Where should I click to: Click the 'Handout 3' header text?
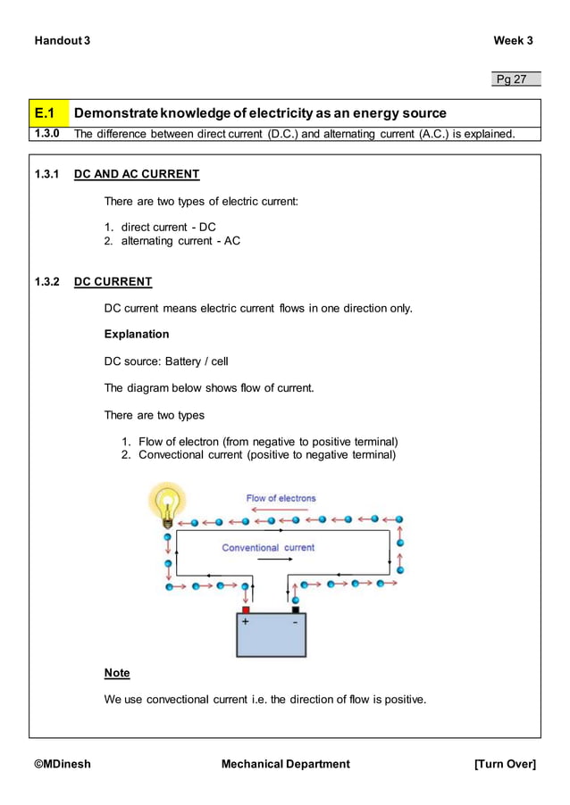(62, 41)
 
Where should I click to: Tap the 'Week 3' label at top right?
(513, 41)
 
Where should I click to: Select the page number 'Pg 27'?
(512, 79)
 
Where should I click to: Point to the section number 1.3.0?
(46, 134)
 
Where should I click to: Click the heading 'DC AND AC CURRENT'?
(136, 174)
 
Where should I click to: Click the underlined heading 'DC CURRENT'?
(113, 282)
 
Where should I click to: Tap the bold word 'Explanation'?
(136, 335)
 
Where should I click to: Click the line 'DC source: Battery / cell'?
(166, 361)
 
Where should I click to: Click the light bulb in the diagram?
(167, 502)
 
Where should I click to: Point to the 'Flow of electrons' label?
(281, 498)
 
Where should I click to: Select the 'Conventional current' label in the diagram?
(268, 547)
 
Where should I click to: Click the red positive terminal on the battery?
(246, 610)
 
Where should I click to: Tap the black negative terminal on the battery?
(295, 610)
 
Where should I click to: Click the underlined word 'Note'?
(117, 673)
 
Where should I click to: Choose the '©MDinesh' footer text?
(63, 764)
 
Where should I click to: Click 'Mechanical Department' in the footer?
(285, 764)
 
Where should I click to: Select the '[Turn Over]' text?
(505, 764)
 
